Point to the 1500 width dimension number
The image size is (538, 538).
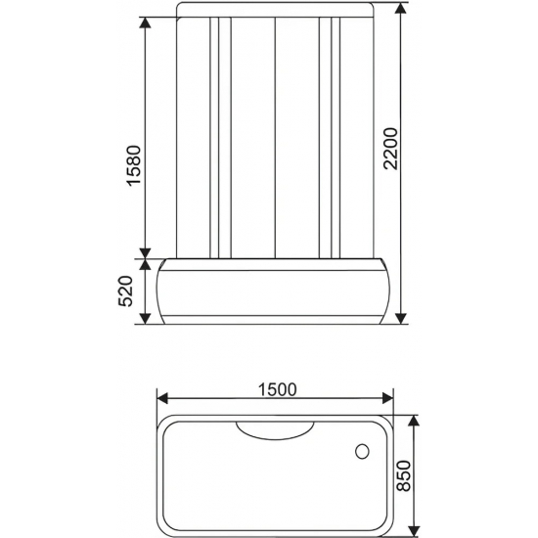276,389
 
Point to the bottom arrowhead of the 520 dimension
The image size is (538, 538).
146,322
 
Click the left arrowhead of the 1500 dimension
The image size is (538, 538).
162,398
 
